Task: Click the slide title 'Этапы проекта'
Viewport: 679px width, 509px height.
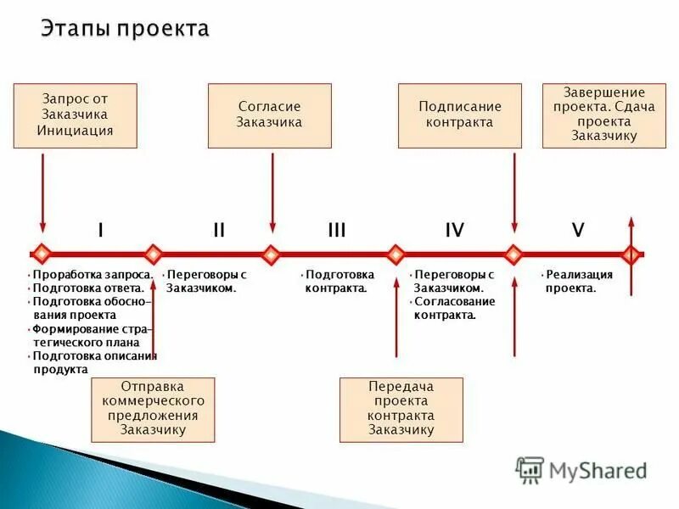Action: pos(125,30)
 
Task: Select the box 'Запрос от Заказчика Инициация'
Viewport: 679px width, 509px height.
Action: pos(75,116)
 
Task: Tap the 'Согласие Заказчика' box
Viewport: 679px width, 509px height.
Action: pos(270,116)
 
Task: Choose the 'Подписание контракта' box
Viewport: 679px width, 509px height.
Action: pos(460,116)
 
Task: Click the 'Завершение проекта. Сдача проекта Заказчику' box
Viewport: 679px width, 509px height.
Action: pos(604,116)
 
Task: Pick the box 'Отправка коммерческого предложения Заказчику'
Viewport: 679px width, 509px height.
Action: pos(154,410)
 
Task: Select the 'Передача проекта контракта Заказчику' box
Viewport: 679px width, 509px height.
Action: pos(401,410)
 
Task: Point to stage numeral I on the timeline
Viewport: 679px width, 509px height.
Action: pos(100,230)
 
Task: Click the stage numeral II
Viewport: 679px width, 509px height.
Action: pos(219,230)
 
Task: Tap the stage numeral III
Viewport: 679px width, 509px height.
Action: pos(337,230)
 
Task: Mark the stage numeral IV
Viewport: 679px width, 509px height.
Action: pos(455,230)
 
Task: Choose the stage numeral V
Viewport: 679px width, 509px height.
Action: pos(578,230)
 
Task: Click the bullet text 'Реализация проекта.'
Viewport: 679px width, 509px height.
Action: pos(579,282)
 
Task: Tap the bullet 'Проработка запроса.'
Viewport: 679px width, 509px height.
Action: pos(92,275)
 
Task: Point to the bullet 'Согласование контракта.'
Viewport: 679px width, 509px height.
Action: pos(454,308)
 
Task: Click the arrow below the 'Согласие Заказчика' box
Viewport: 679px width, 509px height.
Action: pos(272,191)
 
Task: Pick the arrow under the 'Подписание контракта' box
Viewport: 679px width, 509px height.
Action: pos(513,191)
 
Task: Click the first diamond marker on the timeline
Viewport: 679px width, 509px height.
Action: pos(42,254)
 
